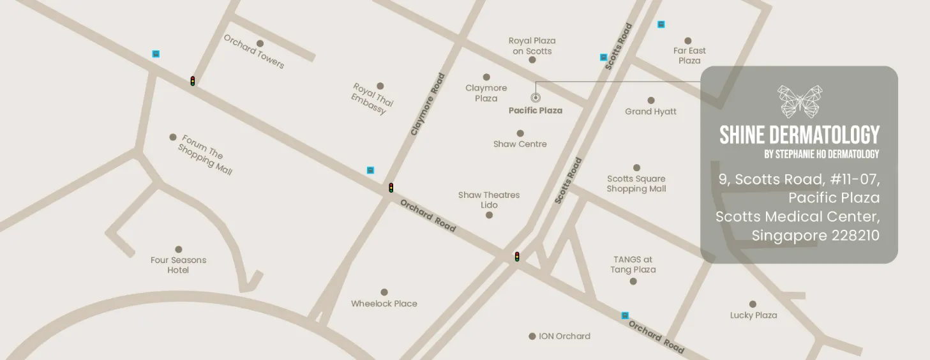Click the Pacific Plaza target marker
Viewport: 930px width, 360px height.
535,98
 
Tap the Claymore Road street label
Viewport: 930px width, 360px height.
428,105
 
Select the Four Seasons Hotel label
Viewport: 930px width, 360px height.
178,265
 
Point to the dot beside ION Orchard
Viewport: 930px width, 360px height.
532,336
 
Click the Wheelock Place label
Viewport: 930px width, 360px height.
384,304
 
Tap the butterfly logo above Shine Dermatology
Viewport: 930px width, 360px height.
799,101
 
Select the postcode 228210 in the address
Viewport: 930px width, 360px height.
855,236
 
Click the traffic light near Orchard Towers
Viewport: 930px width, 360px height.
192,81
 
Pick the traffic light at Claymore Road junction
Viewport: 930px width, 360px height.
391,188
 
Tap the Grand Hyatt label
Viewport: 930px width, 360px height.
650,112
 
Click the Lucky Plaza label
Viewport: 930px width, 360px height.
753,315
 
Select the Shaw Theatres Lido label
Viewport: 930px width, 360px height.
489,200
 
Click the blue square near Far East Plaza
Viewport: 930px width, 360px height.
661,24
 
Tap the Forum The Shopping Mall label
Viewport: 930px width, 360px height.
205,154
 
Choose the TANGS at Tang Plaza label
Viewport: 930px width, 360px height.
633,264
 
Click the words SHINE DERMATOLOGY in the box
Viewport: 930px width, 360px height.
799,135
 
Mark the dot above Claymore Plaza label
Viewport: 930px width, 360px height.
486,77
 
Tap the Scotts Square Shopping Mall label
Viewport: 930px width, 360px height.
636,184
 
